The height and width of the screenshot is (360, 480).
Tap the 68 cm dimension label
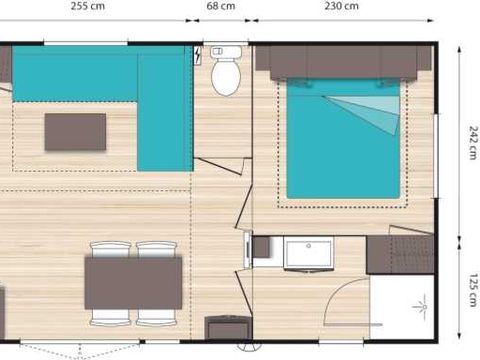coord(221,5)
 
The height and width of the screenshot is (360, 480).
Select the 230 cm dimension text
coord(343,5)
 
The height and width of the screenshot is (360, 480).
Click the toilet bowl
coord(224,74)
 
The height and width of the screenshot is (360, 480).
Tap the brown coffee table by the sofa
coord(75,131)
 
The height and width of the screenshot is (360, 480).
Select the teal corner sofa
coord(160,100)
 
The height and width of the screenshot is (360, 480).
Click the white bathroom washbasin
coord(309,253)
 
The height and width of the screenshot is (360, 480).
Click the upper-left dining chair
coord(109,249)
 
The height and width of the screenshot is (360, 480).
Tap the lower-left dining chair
coord(109,316)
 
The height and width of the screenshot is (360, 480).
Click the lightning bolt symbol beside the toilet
coord(204,56)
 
